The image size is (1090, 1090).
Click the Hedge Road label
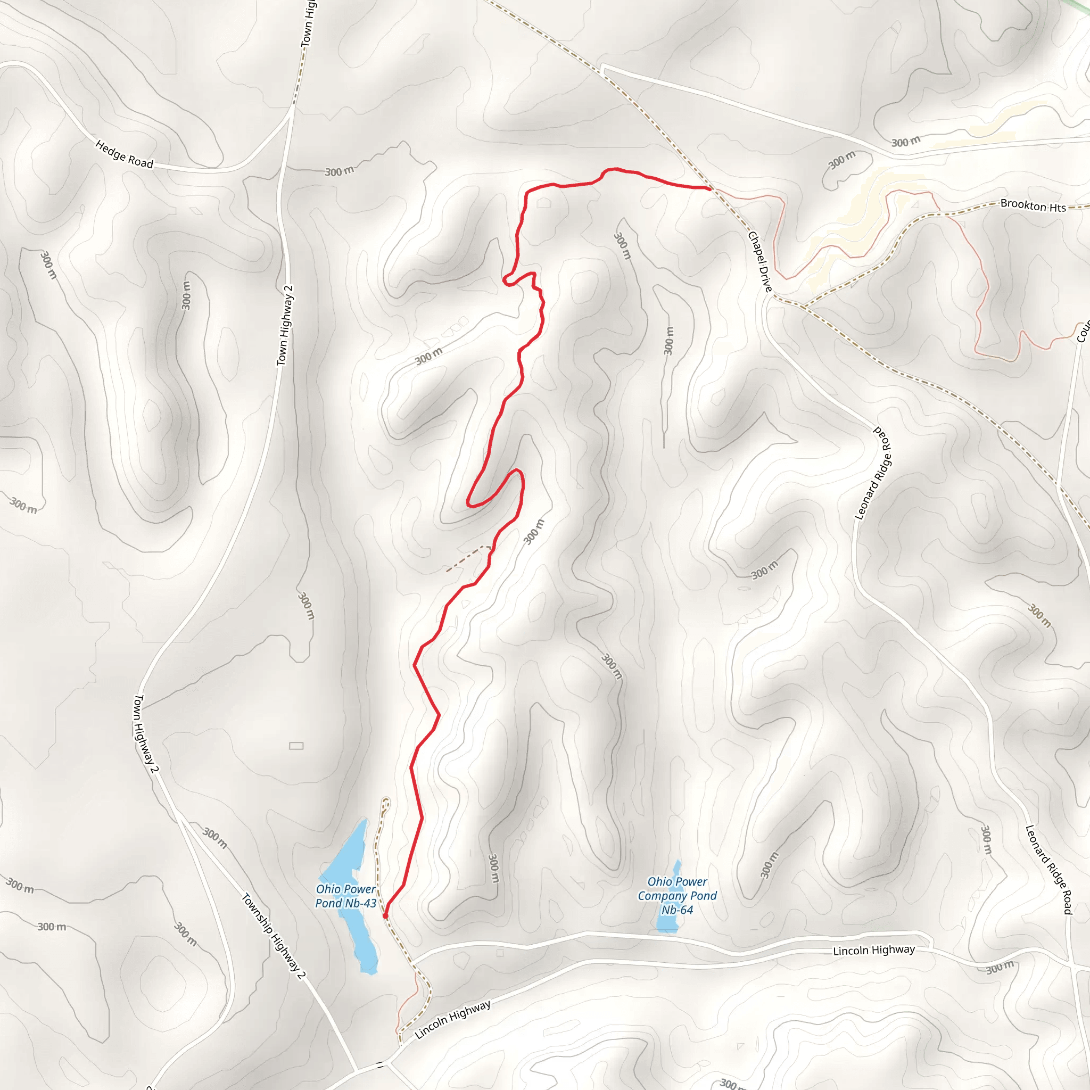click(x=124, y=154)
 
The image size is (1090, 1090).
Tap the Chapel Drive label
click(x=760, y=261)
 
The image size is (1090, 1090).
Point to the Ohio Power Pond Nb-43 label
click(x=345, y=896)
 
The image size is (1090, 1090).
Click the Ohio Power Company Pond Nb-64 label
click(x=677, y=895)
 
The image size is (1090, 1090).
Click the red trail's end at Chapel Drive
click(x=708, y=188)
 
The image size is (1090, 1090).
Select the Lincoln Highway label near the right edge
click(x=874, y=950)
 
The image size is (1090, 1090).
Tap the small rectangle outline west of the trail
click(x=296, y=746)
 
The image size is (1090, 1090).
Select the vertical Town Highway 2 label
click(x=285, y=326)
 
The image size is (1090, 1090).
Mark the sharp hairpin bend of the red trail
click(x=469, y=504)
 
